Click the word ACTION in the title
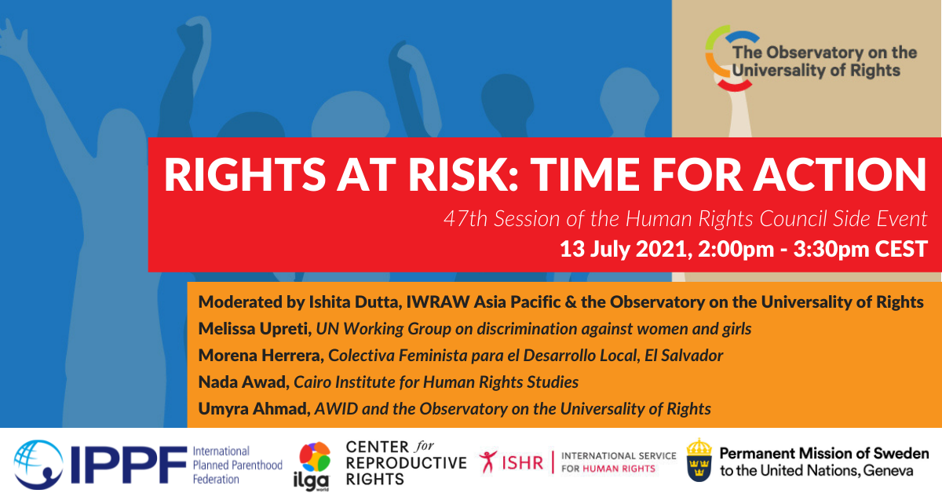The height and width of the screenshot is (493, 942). click(x=839, y=174)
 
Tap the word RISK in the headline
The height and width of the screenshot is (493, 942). click(x=462, y=174)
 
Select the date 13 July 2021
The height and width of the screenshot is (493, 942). click(x=625, y=249)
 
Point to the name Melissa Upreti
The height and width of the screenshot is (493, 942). click(x=254, y=328)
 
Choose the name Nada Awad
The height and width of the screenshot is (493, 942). click(x=243, y=382)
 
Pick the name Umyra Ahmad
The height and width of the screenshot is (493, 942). click(x=254, y=409)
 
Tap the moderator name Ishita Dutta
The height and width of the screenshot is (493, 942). click(x=355, y=302)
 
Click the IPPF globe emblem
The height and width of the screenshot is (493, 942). click(x=38, y=465)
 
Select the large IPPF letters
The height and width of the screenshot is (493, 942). click(x=129, y=465)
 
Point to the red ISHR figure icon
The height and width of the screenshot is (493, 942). click(x=487, y=462)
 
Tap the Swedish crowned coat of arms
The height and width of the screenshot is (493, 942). click(x=699, y=460)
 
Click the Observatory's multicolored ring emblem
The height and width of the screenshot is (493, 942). click(x=728, y=57)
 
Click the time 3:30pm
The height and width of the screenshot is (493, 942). click(x=832, y=250)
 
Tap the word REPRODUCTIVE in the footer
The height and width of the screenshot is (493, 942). click(x=406, y=462)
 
